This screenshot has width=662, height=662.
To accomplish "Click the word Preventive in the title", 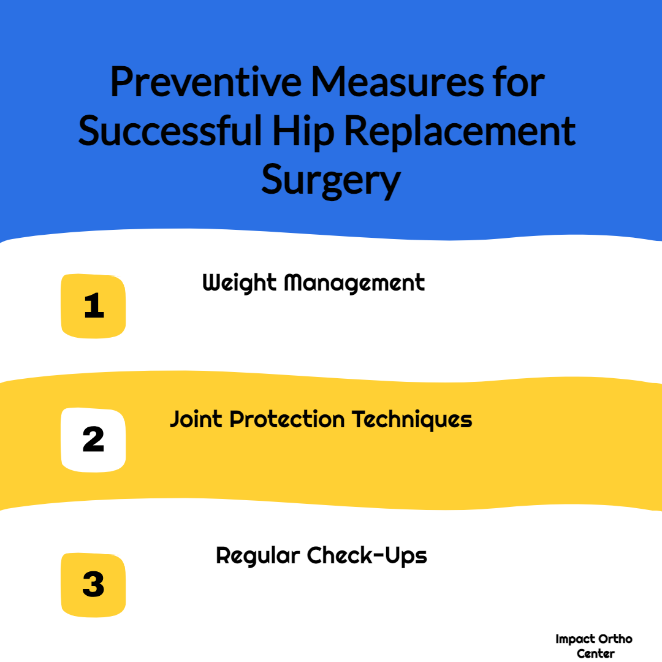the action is (x=206, y=82).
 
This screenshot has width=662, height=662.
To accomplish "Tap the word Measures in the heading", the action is (x=397, y=82).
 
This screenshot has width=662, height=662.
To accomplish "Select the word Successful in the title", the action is (x=170, y=131).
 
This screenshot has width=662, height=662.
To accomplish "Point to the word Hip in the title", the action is (x=303, y=132).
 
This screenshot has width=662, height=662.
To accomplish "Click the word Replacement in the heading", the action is (x=460, y=132).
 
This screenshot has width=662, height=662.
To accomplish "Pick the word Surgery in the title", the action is (x=331, y=181).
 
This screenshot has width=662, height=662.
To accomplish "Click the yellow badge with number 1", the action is (x=93, y=306).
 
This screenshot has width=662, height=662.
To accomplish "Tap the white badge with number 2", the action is (x=93, y=439).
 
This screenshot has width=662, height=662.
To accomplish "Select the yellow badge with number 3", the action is (x=93, y=585).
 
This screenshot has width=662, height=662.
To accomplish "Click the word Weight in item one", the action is (x=240, y=283).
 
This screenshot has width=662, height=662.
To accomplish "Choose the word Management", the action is (x=354, y=283).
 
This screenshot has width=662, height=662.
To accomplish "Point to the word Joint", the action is (x=196, y=419).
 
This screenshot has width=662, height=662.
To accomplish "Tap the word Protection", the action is (x=287, y=419).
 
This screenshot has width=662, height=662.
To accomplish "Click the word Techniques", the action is (x=412, y=420).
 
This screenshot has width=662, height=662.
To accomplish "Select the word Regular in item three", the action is (x=257, y=556).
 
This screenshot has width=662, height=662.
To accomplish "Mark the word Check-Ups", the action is (x=367, y=555).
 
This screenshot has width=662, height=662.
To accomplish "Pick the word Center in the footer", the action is (x=595, y=653).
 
